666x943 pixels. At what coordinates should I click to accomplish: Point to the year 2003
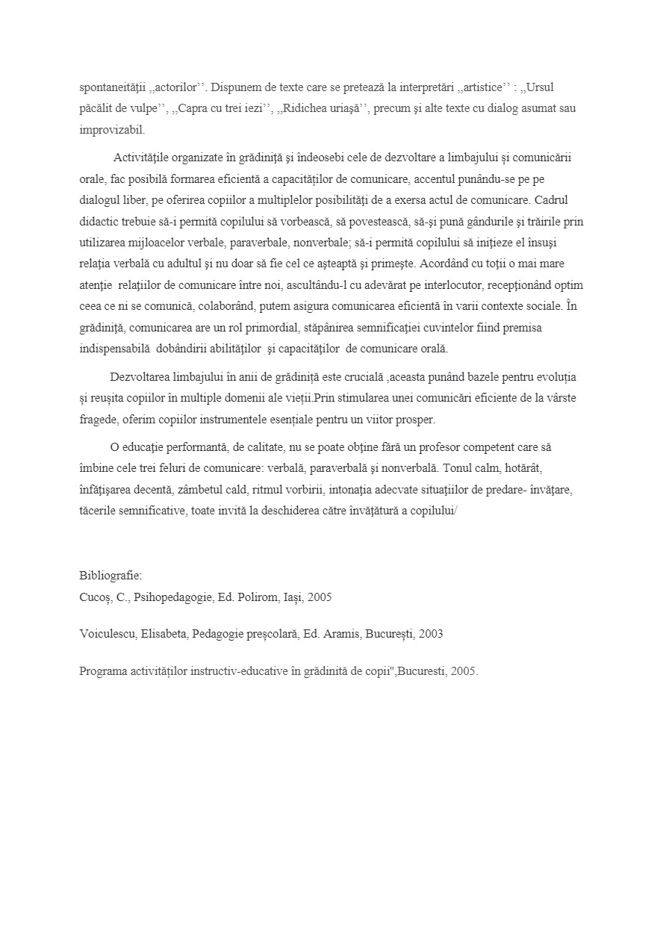click(x=431, y=634)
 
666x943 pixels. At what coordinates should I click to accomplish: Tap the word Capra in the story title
click(x=197, y=108)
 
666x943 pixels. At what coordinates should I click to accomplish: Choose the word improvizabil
click(x=112, y=130)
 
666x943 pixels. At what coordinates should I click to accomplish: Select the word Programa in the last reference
click(x=103, y=670)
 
